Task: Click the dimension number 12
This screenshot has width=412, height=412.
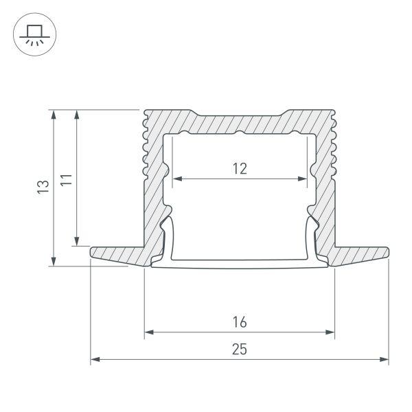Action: pos(239,168)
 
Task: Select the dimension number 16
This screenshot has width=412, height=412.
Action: pos(239,322)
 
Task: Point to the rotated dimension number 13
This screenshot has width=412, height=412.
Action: pos(43,186)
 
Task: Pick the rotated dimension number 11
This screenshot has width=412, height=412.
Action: pos(65,181)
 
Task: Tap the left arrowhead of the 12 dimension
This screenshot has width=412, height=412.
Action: pos(176,180)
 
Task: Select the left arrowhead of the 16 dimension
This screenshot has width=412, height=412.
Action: pos(149,334)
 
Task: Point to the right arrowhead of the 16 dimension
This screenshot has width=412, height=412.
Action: pos(330,334)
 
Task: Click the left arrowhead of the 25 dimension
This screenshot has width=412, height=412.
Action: pos(95,359)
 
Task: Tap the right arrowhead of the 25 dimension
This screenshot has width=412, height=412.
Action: pos(385,359)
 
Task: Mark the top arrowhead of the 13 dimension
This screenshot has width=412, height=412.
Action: pos(54,114)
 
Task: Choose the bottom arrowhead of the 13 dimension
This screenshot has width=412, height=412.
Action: pos(54,261)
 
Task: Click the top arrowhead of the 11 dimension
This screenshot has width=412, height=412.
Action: pos(77,114)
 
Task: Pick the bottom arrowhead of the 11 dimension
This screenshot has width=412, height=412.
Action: pos(77,240)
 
